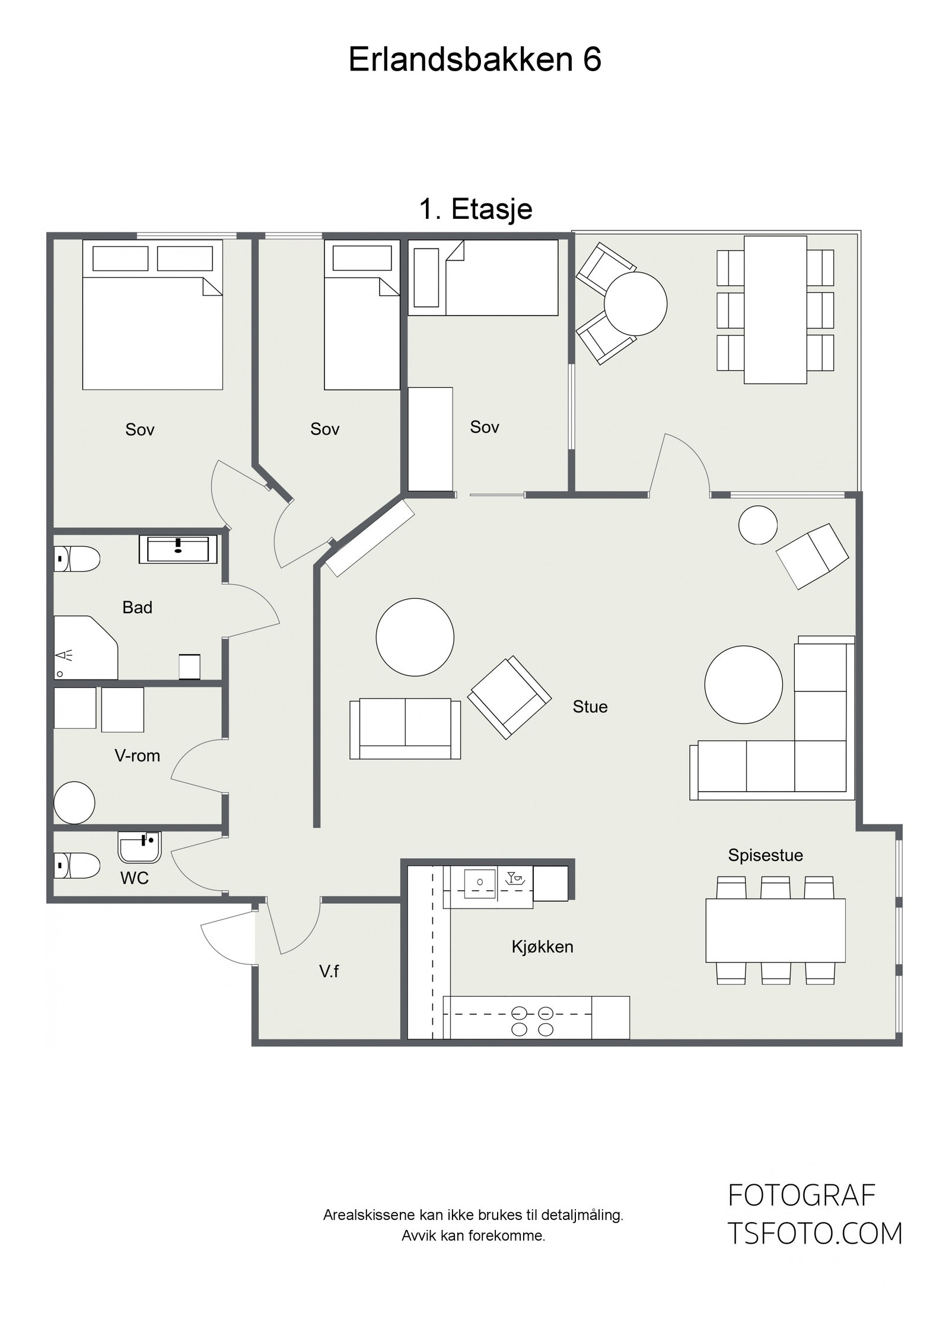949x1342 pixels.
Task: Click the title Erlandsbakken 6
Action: click(474, 59)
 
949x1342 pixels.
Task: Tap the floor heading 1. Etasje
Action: click(476, 209)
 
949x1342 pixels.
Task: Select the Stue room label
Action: click(590, 707)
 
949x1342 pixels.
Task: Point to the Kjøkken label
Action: click(542, 946)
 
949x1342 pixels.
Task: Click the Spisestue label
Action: click(765, 855)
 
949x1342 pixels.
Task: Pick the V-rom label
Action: click(137, 756)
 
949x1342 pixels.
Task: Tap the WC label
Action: click(135, 878)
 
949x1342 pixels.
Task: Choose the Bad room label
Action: click(137, 607)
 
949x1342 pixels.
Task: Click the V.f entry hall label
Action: click(329, 971)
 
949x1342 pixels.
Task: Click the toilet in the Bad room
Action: click(77, 559)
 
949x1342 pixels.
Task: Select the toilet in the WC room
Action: click(77, 865)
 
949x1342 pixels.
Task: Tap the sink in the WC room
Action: click(140, 847)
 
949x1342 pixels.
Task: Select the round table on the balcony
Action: click(635, 304)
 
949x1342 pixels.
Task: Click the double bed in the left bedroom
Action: click(152, 314)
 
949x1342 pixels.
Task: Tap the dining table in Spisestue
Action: click(775, 930)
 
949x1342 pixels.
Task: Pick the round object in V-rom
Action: click(74, 803)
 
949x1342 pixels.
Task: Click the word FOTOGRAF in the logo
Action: click(801, 1196)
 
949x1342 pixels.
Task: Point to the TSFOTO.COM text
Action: click(814, 1234)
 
